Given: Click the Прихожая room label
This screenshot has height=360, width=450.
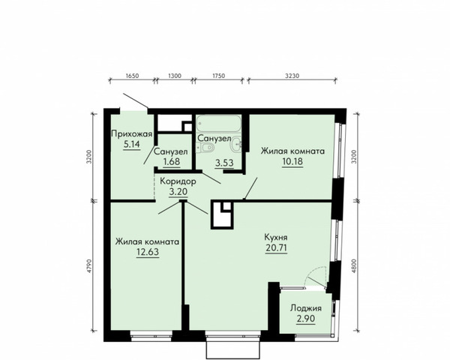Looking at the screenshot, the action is (x=131, y=133).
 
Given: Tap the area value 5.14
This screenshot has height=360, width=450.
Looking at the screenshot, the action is (x=132, y=144).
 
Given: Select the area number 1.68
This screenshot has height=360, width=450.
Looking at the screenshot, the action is (x=171, y=162).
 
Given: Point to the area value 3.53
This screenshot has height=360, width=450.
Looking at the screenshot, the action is (x=224, y=163).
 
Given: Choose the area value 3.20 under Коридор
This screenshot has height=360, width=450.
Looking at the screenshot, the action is (x=178, y=191).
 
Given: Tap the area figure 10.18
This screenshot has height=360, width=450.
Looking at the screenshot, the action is (x=292, y=161).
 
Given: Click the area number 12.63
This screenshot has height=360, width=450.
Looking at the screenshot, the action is (x=148, y=252).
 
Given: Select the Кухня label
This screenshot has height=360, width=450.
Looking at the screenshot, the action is (x=276, y=238).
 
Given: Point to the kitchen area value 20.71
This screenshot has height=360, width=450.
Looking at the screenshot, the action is (x=276, y=247).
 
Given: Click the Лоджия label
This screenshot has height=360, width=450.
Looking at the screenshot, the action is (x=306, y=308).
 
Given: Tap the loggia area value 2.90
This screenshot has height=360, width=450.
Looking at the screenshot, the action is (x=306, y=319).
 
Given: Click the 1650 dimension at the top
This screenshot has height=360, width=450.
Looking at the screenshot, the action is (x=132, y=76).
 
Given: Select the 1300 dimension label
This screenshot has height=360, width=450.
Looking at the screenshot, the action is (x=175, y=76).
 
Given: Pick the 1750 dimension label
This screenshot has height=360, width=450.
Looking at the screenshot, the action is (x=218, y=76).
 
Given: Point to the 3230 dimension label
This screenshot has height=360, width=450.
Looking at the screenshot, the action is (x=292, y=76).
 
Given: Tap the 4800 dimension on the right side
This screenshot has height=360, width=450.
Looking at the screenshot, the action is (x=354, y=266).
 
